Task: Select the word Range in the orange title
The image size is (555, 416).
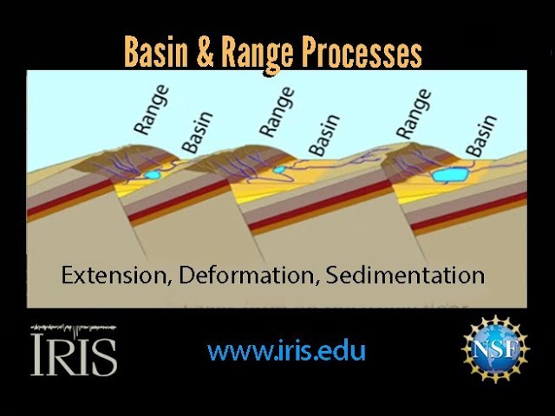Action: (257, 54)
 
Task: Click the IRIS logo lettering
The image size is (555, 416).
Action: (74, 356)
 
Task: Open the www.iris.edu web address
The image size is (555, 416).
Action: (286, 350)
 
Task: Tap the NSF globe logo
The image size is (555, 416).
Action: (494, 348)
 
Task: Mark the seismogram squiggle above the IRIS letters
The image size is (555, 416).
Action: (74, 328)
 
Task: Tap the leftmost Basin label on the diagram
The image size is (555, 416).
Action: (199, 133)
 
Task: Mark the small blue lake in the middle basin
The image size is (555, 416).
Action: (280, 170)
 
